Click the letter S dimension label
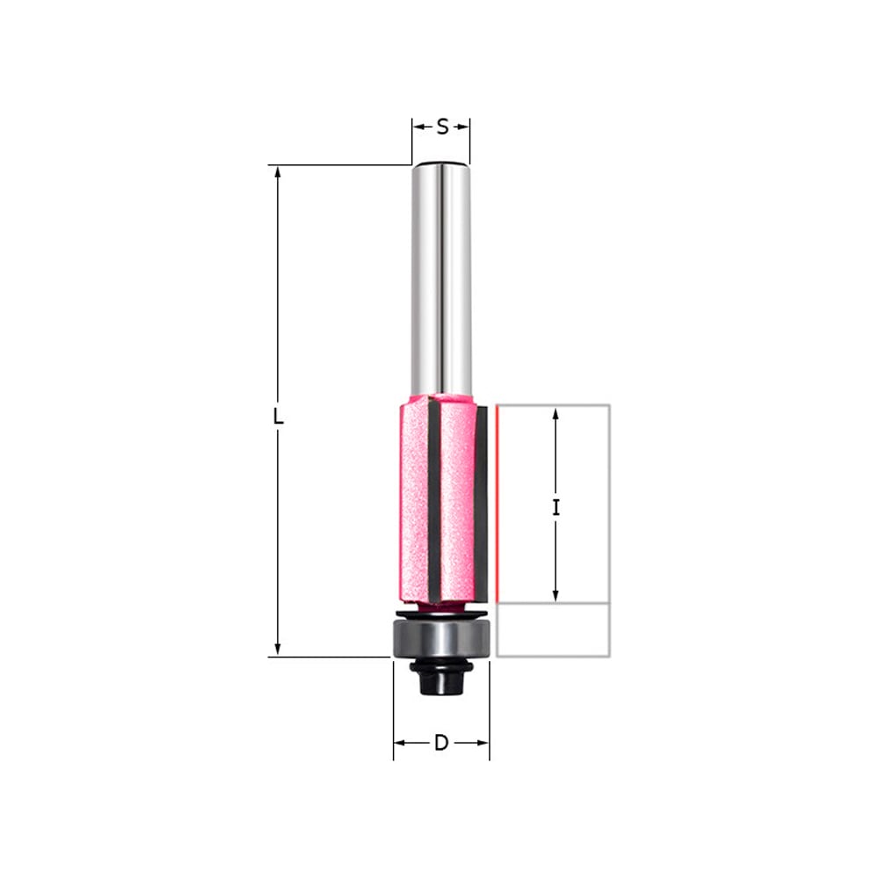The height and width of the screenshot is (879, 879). tap(442, 127)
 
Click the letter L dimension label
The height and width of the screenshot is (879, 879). tap(278, 416)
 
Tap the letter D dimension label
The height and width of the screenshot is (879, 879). tap(441, 743)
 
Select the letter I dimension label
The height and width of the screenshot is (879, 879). tap(556, 508)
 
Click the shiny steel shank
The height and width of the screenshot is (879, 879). tap(441, 279)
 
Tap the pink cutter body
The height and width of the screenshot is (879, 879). tap(440, 500)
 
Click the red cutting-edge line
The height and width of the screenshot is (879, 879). tap(496, 504)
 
